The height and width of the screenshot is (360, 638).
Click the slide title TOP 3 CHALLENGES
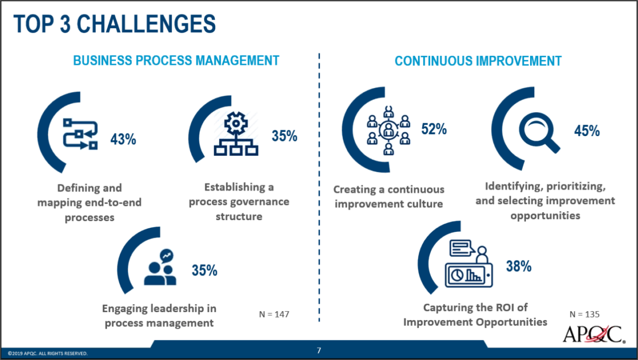click(114, 24)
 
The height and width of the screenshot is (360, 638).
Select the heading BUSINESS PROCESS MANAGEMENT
click(176, 61)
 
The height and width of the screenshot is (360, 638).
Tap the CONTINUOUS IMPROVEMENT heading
click(478, 61)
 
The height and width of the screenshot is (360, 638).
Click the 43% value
click(123, 139)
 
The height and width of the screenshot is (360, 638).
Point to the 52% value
click(433, 129)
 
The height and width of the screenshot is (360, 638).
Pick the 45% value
click(587, 131)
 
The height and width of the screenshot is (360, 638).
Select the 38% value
click(518, 266)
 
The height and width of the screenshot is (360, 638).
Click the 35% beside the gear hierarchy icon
click(284, 136)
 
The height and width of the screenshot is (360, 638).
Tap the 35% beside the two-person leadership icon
click(205, 270)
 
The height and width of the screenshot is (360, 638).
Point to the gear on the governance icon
click(236, 124)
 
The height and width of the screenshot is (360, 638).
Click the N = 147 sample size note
click(274, 315)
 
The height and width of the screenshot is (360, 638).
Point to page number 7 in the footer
click(319, 350)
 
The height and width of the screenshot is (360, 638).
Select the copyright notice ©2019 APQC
click(48, 353)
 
